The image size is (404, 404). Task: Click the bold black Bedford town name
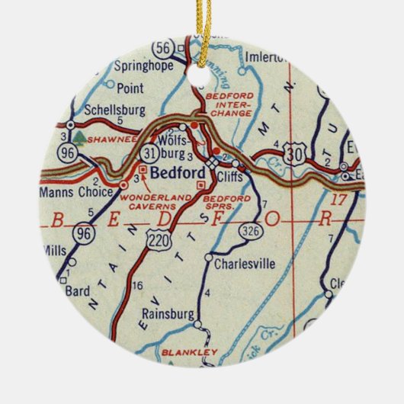[x=175, y=173]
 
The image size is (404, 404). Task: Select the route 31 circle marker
[x=149, y=154]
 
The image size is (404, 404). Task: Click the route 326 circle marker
[x=247, y=228]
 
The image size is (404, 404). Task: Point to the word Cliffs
[x=232, y=174]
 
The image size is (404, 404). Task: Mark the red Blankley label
[x=190, y=352]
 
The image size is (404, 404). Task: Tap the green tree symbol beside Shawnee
[x=79, y=139]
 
